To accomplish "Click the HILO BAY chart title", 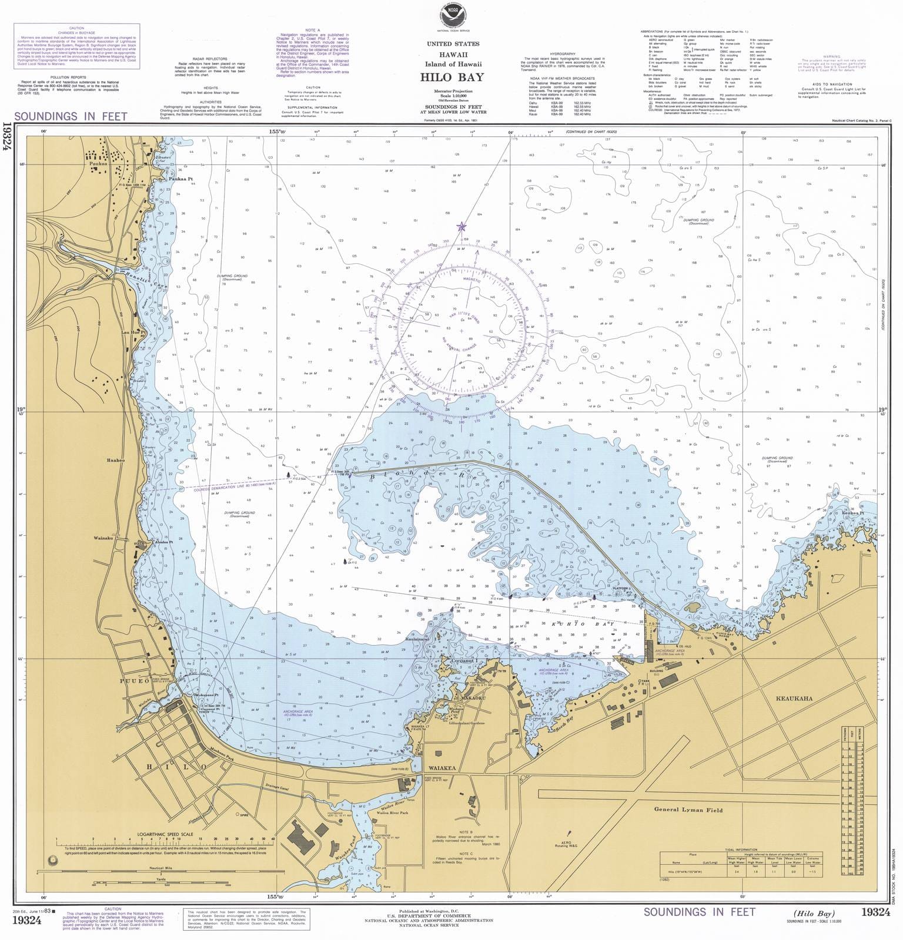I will pyautogui.click(x=451, y=76).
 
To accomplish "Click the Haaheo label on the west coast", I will pyautogui.click(x=116, y=460).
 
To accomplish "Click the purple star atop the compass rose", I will pyautogui.click(x=461, y=226).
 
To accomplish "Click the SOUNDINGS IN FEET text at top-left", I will pyautogui.click(x=71, y=116).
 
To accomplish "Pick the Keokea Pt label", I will pyautogui.click(x=852, y=513).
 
